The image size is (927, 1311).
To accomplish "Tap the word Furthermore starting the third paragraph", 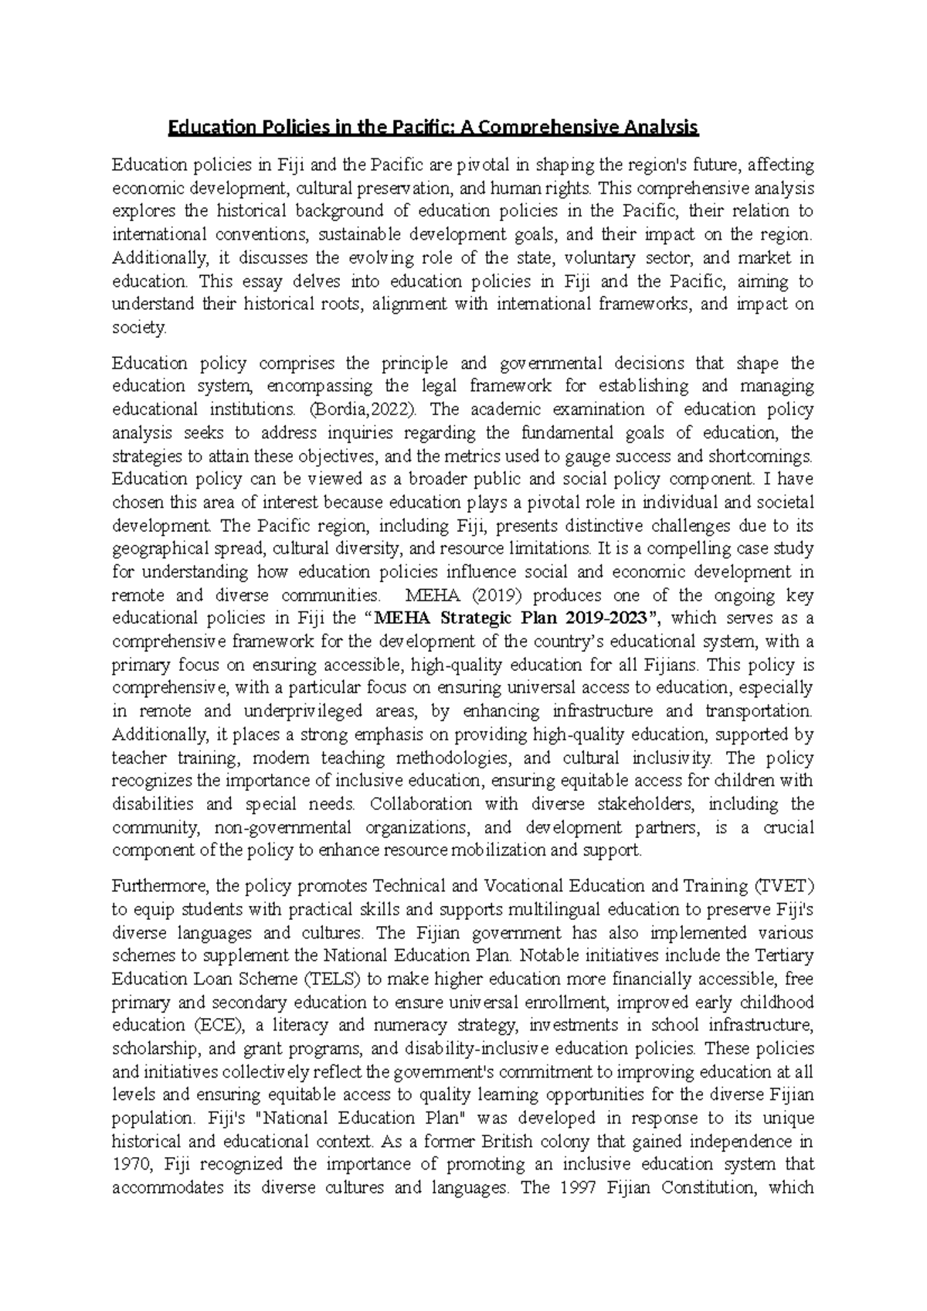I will [158, 885].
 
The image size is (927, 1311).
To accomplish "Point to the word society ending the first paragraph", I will [138, 328].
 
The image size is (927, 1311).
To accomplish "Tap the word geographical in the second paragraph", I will [160, 549].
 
